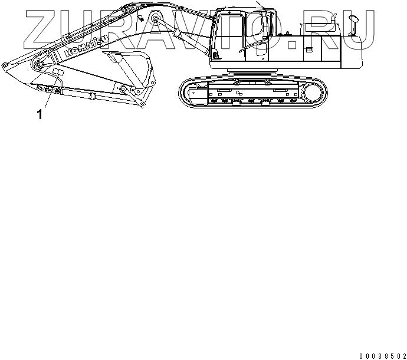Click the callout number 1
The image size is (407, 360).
tap(40, 114)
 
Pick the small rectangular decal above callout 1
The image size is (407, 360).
tap(58, 72)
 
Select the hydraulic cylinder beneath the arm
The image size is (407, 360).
tap(88, 93)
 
